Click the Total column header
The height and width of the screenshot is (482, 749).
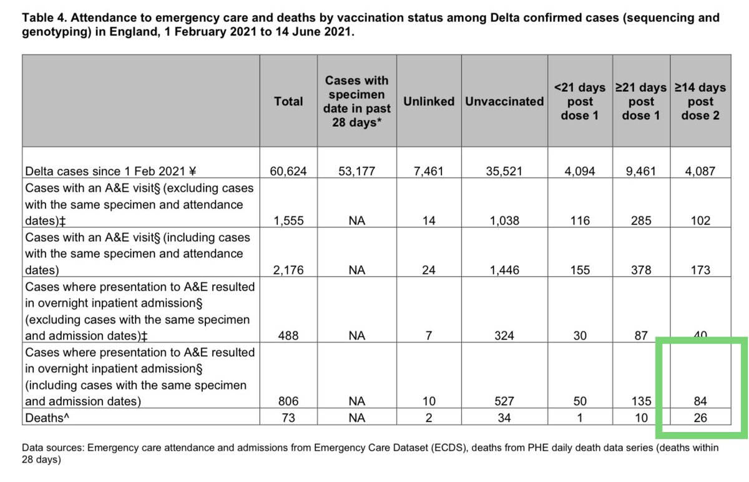tap(288, 101)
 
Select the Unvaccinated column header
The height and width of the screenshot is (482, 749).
tap(504, 101)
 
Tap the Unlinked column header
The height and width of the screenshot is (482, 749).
tap(429, 101)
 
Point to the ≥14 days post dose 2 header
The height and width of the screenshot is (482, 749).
tap(700, 101)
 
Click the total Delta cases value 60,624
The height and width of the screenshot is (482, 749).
tap(288, 170)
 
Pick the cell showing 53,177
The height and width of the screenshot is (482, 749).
tap(356, 170)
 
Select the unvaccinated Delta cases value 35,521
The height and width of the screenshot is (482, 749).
tap(504, 170)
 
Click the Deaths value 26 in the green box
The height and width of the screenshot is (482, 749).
tap(700, 418)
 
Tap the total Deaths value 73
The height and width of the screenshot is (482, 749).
tap(288, 418)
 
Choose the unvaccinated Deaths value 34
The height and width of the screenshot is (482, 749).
tap(504, 418)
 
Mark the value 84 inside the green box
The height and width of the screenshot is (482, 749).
tap(700, 401)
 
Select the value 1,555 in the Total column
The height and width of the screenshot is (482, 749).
tap(288, 221)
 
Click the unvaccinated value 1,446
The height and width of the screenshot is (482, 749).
tap(504, 271)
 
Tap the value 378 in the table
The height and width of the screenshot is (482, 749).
tap(641, 271)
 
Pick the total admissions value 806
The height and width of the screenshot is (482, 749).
tap(288, 401)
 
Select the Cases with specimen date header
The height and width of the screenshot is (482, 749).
tap(356, 101)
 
